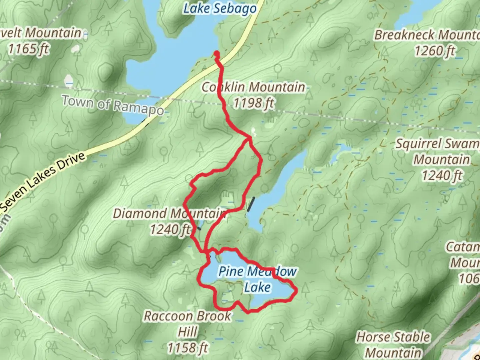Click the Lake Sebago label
[x=220, y=8]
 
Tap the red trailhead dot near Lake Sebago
[x=216, y=54]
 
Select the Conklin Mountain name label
[x=253, y=87]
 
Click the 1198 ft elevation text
[x=253, y=103]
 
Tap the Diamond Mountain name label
[x=169, y=213]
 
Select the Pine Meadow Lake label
[x=257, y=279]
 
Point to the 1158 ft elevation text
[x=187, y=348]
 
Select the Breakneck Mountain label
[x=427, y=35]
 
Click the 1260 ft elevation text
[x=434, y=51]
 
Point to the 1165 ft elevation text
[x=28, y=49]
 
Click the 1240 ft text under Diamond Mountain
[x=170, y=229]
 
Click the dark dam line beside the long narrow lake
[x=251, y=204]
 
